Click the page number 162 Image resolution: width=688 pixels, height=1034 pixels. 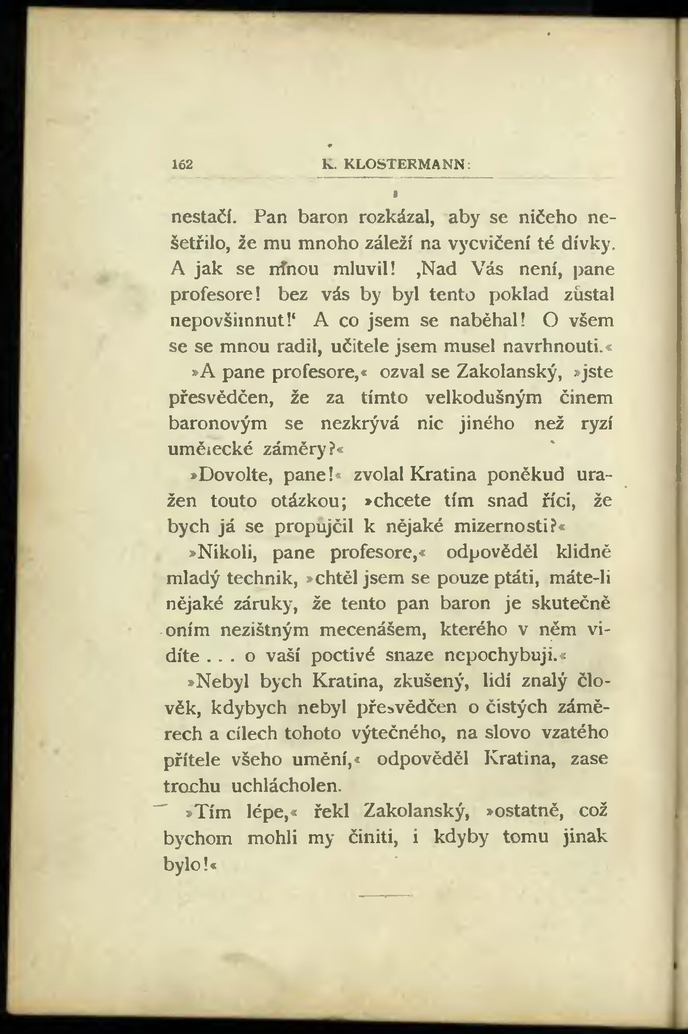pyautogui.click(x=183, y=164)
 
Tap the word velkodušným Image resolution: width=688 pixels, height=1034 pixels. pyautogui.click(x=484, y=398)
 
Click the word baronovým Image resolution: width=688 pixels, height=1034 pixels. pyautogui.click(x=218, y=423)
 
